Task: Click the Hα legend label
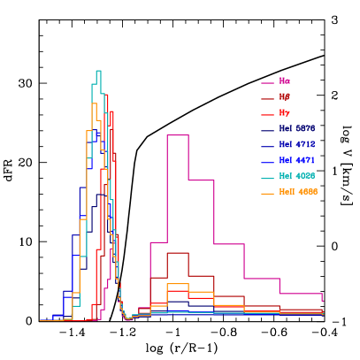(x=284, y=81)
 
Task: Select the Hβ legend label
(x=284, y=97)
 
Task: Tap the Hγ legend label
(x=284, y=113)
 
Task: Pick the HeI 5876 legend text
(x=296, y=129)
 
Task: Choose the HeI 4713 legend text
(x=296, y=145)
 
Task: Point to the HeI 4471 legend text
(x=296, y=161)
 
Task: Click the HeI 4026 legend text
(x=296, y=177)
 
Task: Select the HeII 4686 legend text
(x=298, y=192)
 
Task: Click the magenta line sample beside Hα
(x=267, y=82)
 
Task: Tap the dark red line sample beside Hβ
(x=267, y=98)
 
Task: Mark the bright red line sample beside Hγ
(x=267, y=114)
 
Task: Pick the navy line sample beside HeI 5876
(x=267, y=130)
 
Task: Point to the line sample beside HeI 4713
(x=267, y=146)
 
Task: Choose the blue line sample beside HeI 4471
(x=267, y=162)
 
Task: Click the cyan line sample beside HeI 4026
(x=267, y=178)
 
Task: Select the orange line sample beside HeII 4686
(x=267, y=193)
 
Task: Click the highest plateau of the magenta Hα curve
(x=177, y=135)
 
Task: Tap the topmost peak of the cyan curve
(x=98, y=71)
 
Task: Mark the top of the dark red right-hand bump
(x=177, y=254)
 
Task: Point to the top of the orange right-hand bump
(x=177, y=284)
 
